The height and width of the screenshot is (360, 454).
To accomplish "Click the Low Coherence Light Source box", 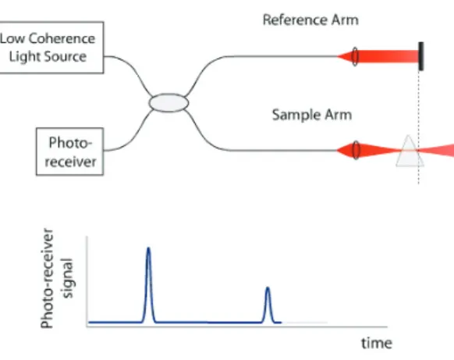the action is coord(51,48).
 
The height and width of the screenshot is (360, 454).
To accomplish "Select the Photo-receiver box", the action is coord(69,151).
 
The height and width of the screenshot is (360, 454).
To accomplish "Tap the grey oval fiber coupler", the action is coord(168,102).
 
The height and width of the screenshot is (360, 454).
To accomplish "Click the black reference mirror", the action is coord(421,56).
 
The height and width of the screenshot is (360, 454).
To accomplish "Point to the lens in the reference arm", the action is coord(355,56).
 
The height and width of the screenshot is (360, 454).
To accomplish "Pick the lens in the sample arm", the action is coord(356,150).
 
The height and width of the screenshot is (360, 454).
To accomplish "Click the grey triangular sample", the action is coord(409,152).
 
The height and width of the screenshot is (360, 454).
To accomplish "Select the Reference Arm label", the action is coord(310,20).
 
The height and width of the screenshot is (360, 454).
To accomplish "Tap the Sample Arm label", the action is coord(312,115).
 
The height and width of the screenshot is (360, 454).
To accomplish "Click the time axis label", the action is coord(377,343).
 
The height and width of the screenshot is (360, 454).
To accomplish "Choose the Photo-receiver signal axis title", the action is coord(57,278).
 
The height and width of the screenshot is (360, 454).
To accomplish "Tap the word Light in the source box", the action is coord(25,56).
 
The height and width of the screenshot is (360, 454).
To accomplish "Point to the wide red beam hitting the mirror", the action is coord(388,56).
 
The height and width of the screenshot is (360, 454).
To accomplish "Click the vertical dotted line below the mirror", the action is coord(418,127).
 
